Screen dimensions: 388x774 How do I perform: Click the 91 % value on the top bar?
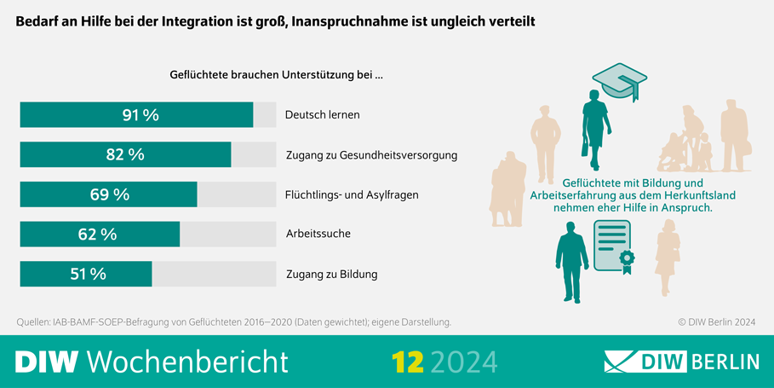pos(140,115)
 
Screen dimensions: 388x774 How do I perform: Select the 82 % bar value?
pos(125,154)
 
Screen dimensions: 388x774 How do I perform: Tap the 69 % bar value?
pos(110,194)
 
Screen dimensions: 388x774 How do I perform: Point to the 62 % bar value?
pos(96,235)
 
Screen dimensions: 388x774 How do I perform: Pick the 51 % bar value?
pos(88,274)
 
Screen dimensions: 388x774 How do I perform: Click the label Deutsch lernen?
pos(322,115)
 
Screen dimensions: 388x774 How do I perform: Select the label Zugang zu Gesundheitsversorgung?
pos(371,155)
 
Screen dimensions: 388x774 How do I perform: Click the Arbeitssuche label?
pos(318,234)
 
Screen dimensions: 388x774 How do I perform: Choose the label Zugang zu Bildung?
pos(331,274)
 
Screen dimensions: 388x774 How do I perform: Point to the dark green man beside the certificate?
pos(571,260)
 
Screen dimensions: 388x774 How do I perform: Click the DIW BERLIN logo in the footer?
pos(681,362)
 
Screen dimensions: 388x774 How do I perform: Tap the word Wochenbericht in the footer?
pos(187,362)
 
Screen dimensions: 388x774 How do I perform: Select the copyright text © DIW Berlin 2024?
pos(716,322)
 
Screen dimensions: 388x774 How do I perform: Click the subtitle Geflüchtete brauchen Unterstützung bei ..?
pos(276,75)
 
